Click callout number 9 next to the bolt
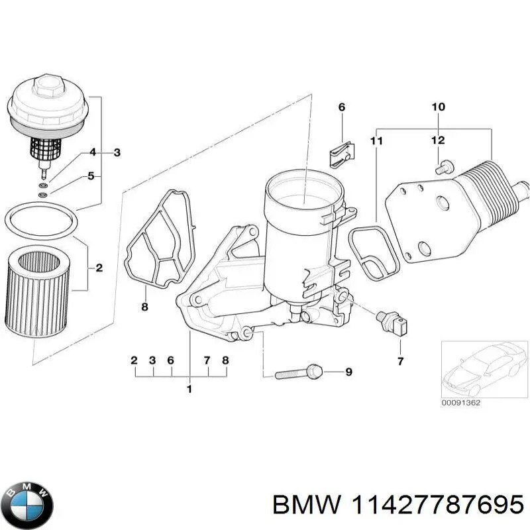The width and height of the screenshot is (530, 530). click(x=348, y=372)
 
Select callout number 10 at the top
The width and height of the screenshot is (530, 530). click(x=438, y=107)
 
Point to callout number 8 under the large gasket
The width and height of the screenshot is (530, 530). click(x=144, y=306)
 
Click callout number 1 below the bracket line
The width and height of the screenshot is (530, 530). click(x=189, y=389)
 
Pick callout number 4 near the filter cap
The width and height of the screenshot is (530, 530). click(x=93, y=152)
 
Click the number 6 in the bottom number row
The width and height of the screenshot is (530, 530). click(x=170, y=360)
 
